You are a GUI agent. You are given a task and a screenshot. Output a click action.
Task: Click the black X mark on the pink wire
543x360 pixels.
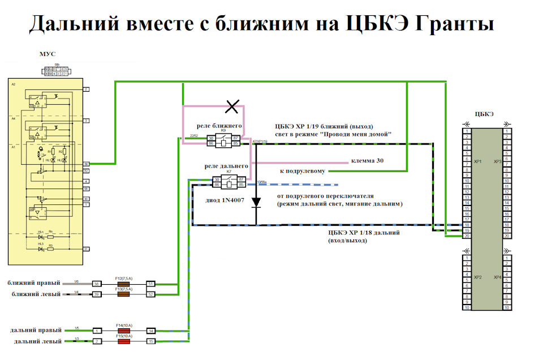pyautogui.click(x=231, y=105)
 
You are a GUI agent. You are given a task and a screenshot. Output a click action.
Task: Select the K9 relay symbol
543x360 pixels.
pyautogui.click(x=226, y=141)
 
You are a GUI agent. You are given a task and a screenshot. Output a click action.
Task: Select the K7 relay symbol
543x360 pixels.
pyautogui.click(x=229, y=182)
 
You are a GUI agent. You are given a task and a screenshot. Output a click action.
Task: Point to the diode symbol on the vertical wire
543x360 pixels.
pyautogui.click(x=256, y=202)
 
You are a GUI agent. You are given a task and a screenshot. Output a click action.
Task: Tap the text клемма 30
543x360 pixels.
pyautogui.click(x=367, y=161)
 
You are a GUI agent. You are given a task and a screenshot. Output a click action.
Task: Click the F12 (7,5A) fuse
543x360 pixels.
pyautogui.click(x=123, y=284)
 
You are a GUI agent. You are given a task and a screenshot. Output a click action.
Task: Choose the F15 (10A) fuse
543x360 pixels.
pyautogui.click(x=123, y=341)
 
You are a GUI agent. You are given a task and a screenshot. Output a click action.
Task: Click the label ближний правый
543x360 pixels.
pyautogui.click(x=31, y=282)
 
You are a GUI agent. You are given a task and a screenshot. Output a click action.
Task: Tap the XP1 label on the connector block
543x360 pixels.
pyautogui.click(x=477, y=162)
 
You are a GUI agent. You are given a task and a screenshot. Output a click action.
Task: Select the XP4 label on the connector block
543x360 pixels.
pyautogui.click(x=497, y=277)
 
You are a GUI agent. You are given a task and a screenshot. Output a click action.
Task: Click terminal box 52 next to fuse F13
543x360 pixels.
pyautogui.click(x=151, y=294)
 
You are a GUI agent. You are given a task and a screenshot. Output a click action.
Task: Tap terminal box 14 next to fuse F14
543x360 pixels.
pyautogui.click(x=151, y=331)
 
